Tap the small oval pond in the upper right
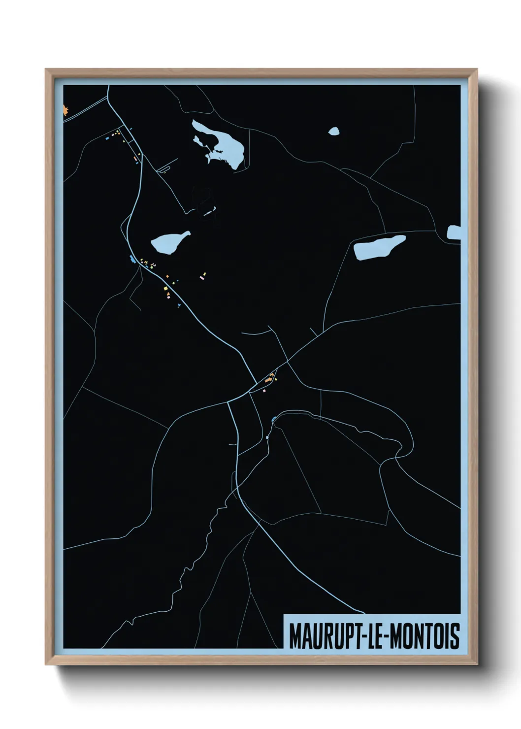click(334, 131)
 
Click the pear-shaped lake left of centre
click(168, 243)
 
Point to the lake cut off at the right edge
click(454, 233)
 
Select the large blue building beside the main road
click(131, 259)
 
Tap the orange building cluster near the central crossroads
click(269, 379)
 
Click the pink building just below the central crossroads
click(264, 391)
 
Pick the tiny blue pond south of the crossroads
click(274, 420)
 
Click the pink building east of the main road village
click(202, 278)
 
